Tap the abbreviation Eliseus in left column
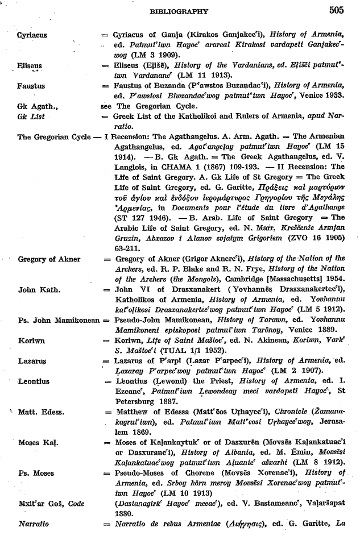[30, 66]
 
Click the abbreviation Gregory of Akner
[49, 259]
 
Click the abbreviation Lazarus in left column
[32, 361]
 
